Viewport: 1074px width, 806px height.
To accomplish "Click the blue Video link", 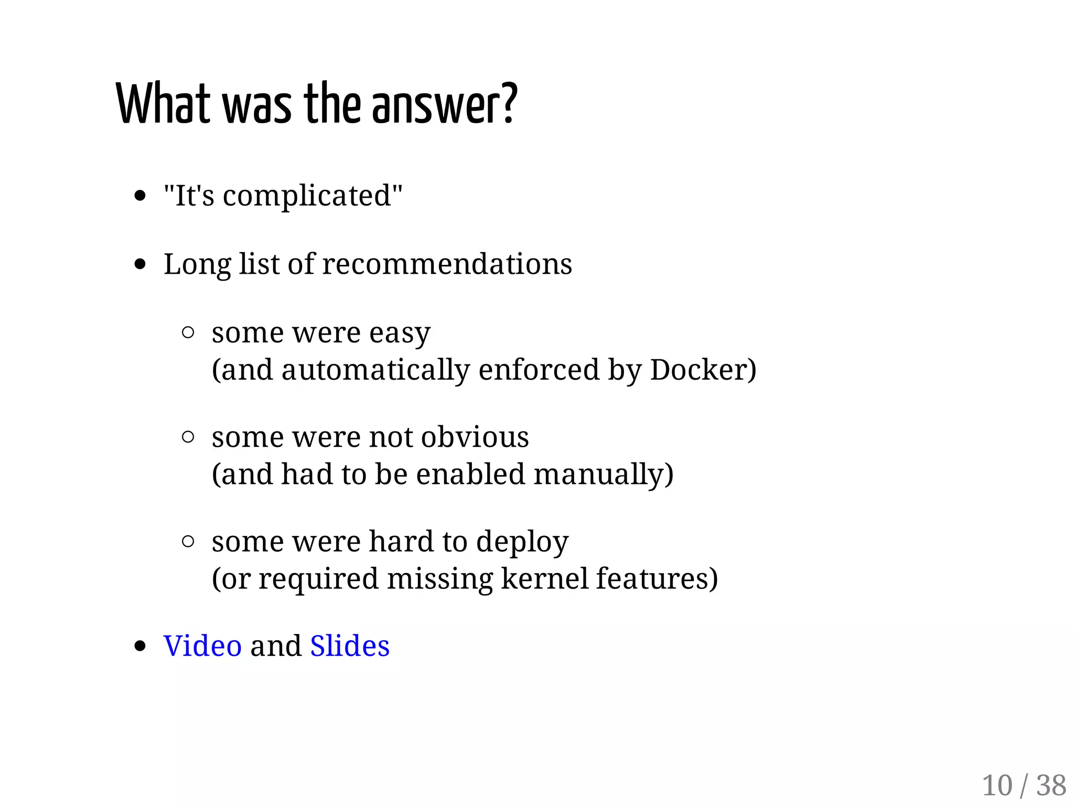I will point(202,646).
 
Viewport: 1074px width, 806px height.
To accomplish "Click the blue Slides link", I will point(350,646).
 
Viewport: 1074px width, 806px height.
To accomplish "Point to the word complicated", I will point(307,196).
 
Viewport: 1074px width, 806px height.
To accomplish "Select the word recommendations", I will point(447,264).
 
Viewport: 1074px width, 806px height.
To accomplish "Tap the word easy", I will point(400,334).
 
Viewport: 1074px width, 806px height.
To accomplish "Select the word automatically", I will point(375,370).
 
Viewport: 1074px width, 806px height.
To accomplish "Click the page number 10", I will point(997,786).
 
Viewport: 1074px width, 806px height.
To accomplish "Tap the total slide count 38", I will point(1051,786).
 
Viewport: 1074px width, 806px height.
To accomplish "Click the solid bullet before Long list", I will point(139,264).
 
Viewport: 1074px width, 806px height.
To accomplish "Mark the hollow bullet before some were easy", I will point(188,332).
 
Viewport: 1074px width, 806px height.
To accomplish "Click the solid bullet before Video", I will point(139,646).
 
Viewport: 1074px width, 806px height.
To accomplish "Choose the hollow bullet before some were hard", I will point(188,541).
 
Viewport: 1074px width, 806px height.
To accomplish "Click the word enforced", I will point(539,370).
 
